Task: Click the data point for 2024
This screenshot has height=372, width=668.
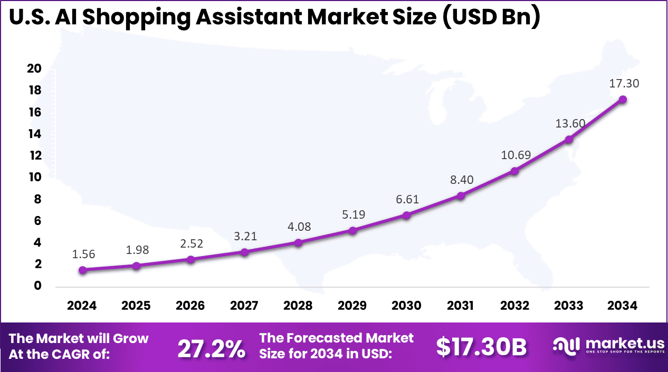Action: (x=83, y=270)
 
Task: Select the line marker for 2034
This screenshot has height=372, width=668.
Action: (x=623, y=99)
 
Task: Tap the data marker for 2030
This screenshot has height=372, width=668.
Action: (x=406, y=215)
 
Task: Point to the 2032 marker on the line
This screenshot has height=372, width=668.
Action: (x=514, y=171)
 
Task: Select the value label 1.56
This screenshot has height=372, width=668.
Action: (x=83, y=254)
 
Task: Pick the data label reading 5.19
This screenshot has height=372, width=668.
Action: (x=352, y=214)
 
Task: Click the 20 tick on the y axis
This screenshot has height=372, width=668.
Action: (x=34, y=69)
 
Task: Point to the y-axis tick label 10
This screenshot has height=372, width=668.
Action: (x=34, y=177)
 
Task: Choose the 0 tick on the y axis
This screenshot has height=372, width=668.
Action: (x=37, y=286)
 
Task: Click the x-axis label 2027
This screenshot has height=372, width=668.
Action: (x=244, y=306)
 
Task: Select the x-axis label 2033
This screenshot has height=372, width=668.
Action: (x=568, y=306)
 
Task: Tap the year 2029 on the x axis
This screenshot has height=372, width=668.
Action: (x=352, y=306)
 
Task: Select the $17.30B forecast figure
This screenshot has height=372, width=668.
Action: (x=481, y=347)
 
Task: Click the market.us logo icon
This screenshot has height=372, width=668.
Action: (x=566, y=346)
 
